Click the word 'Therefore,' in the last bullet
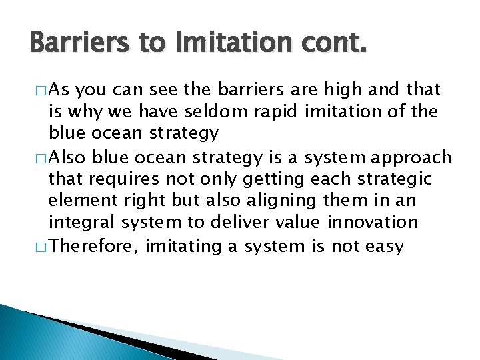point(94,247)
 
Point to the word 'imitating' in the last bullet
point(184,247)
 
